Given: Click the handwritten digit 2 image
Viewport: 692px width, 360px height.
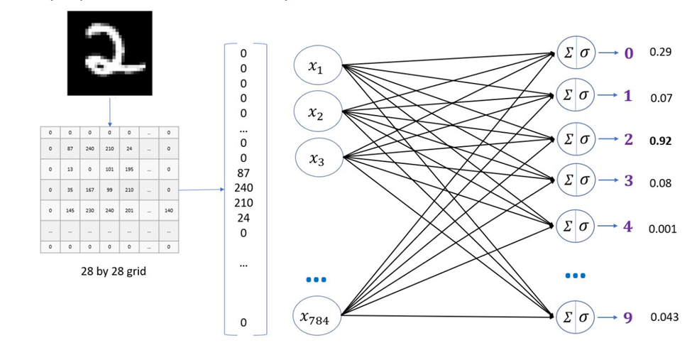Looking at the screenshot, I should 109,53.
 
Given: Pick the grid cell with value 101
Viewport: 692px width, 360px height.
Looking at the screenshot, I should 109,170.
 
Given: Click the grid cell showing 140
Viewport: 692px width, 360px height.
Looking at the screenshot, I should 167,211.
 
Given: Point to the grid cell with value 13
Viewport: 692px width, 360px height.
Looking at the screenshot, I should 70,170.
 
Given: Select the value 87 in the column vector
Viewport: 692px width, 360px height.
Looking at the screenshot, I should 243,173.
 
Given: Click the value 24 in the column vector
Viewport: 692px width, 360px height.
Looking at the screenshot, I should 243,218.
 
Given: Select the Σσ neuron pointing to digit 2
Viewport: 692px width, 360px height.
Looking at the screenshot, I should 576,138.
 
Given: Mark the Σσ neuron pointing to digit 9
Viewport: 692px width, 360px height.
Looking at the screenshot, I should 576,317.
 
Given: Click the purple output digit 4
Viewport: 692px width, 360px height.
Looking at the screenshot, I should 627,227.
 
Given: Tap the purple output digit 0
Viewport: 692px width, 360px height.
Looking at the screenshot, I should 628,53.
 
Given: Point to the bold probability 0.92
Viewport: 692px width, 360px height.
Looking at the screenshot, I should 660,141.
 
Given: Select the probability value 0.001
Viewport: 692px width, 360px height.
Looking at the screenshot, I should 661,229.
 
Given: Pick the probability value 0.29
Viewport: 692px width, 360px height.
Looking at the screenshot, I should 660,53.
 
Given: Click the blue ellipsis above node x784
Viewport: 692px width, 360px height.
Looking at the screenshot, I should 316,280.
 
